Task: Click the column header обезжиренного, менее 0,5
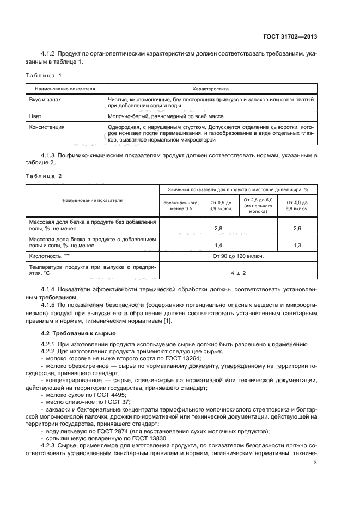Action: pos(178,205)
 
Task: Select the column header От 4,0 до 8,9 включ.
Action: pos(297,205)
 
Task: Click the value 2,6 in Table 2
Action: pos(297,229)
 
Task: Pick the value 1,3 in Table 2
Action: pos(297,246)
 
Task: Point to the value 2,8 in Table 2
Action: pos(218,229)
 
